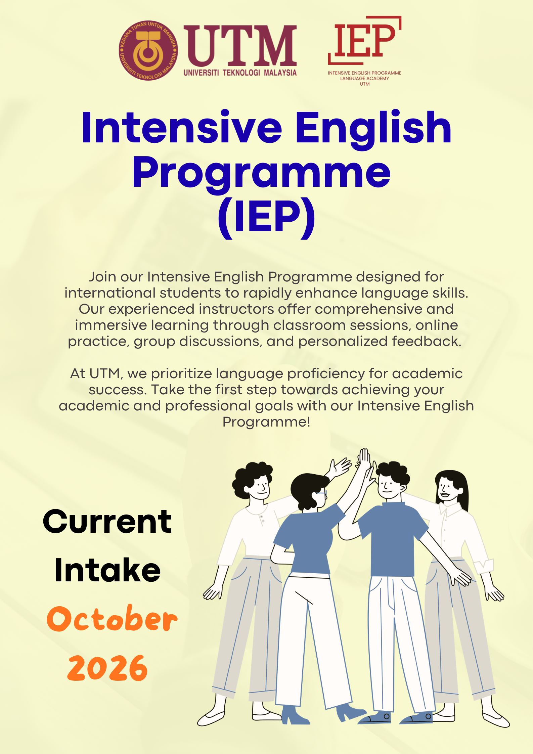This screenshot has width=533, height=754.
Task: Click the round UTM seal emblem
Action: [148, 50]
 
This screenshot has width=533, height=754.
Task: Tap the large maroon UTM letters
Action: [240, 46]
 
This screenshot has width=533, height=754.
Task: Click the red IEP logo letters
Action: [365, 40]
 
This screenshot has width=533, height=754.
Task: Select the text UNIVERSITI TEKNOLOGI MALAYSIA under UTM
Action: [240, 73]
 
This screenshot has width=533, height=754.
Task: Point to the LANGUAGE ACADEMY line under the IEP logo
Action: [364, 79]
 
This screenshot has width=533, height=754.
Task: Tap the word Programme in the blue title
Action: [262, 173]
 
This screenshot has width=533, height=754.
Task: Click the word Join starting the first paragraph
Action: [102, 277]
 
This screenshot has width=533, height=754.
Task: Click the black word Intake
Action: [107, 570]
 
